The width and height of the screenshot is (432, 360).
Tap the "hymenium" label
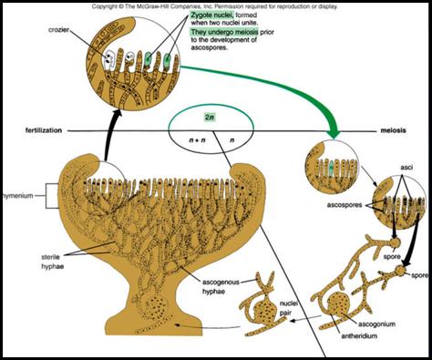18,195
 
